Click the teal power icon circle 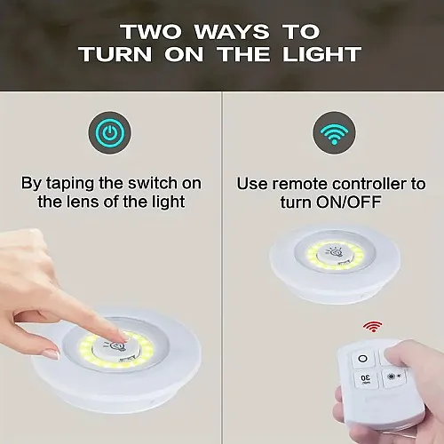[x=110, y=134]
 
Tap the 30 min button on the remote [x=364, y=381]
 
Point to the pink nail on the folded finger [x=51, y=353]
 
